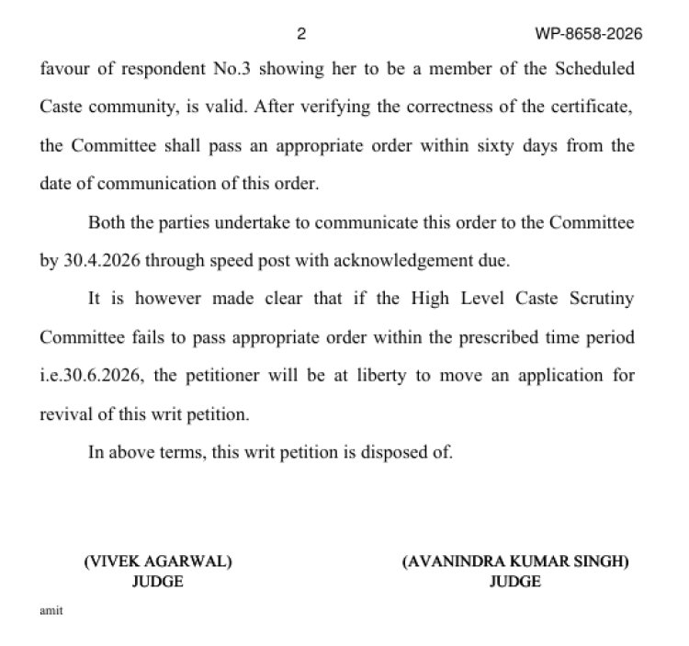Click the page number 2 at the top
pyautogui.click(x=301, y=35)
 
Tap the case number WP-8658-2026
pyautogui.click(x=588, y=35)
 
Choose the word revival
pyautogui.click(x=64, y=414)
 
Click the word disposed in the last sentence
pyautogui.click(x=391, y=452)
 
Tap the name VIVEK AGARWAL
pyautogui.click(x=157, y=562)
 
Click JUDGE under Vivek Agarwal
pyautogui.click(x=158, y=581)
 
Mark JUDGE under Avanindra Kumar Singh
pyautogui.click(x=514, y=581)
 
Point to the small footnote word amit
pyautogui.click(x=51, y=611)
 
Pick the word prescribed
pyautogui.click(x=497, y=337)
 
